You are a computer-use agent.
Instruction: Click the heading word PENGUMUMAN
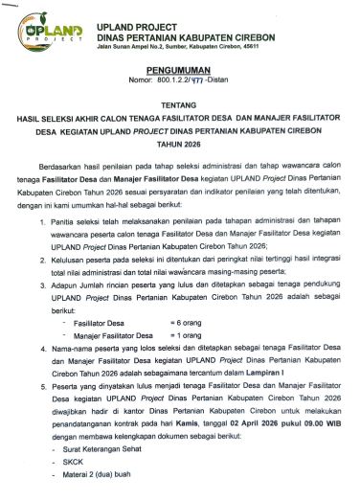180,72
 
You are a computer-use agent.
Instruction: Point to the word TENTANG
180,108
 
